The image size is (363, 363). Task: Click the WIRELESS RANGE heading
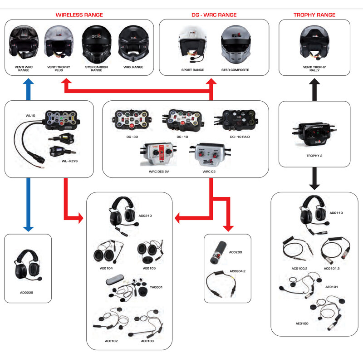(79, 15)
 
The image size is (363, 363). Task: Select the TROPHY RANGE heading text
(314, 15)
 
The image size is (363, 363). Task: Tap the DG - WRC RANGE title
(214, 15)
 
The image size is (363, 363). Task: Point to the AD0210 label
(145, 216)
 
